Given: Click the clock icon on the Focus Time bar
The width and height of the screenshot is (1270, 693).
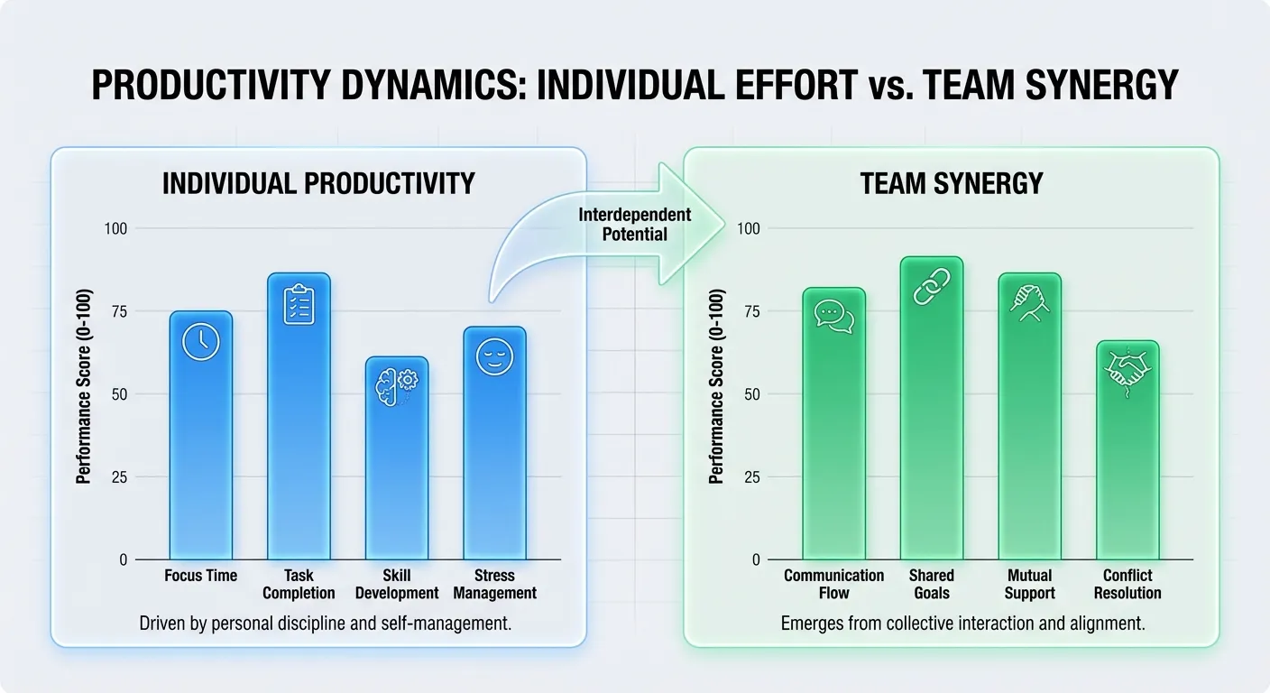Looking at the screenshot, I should (200, 342).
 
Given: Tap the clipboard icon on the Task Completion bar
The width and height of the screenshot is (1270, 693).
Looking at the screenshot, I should (299, 304).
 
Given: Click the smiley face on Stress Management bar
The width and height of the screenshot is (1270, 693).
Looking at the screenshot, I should (493, 357).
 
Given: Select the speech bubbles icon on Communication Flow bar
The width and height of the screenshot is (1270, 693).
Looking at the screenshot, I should (833, 317).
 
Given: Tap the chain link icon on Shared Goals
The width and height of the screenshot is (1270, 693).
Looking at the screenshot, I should (931, 287).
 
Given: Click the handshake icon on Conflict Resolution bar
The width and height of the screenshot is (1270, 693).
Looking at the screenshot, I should (1127, 370).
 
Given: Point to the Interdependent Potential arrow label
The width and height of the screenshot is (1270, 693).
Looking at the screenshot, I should (635, 224).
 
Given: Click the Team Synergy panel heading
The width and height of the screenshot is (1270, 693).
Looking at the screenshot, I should (951, 184).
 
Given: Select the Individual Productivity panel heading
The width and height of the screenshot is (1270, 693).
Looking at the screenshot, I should (317, 184).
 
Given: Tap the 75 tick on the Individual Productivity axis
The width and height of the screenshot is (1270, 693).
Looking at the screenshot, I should (118, 312).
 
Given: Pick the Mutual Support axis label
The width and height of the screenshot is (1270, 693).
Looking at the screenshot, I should (1029, 584).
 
